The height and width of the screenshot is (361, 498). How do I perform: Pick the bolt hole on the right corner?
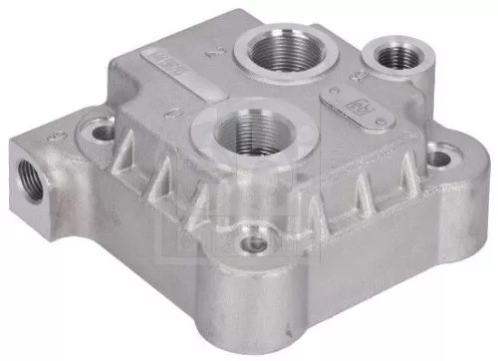(442, 156)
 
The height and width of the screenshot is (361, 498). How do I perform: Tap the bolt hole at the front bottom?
(255, 243)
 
